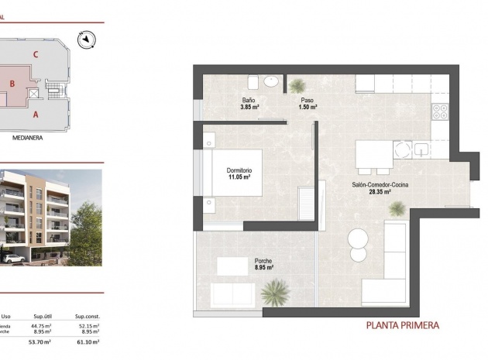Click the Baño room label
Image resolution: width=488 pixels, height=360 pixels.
[x=249, y=101]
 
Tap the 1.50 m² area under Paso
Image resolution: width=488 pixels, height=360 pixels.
[x=308, y=108]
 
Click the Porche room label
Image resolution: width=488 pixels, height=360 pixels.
[x=263, y=261]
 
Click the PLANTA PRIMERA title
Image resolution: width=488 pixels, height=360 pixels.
[x=403, y=326]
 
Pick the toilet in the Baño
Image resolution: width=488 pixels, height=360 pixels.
[x=253, y=81]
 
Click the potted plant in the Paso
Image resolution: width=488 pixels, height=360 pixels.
[x=298, y=84]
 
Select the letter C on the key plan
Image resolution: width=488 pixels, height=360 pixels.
[x=36, y=54]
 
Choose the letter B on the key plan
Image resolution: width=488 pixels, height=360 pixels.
[x=12, y=84]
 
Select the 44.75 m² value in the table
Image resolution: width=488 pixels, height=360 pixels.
[x=41, y=325]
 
